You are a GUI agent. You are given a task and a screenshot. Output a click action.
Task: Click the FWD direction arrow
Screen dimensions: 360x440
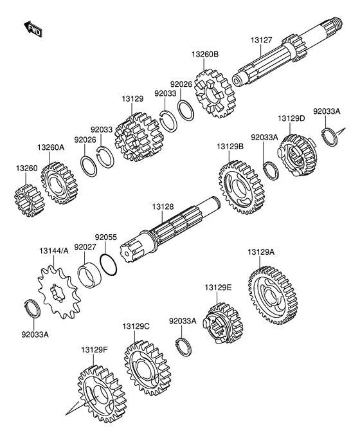[33, 28]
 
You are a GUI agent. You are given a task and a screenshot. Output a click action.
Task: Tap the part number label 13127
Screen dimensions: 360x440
[261, 40]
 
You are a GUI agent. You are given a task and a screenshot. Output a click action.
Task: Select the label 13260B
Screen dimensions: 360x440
[205, 54]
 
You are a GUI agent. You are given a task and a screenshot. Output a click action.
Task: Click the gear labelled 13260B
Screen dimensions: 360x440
[215, 94]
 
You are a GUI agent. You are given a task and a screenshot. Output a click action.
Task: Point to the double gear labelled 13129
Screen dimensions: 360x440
[139, 137]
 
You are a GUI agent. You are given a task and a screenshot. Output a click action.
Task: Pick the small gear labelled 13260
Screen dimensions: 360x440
[27, 200]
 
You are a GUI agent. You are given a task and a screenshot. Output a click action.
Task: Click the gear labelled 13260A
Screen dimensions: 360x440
[59, 183]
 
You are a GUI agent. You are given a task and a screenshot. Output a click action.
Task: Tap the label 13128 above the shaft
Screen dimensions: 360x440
[163, 206]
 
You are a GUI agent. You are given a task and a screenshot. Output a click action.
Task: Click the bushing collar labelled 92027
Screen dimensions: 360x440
[89, 276]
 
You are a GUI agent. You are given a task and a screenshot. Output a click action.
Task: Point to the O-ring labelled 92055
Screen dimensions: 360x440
[108, 265]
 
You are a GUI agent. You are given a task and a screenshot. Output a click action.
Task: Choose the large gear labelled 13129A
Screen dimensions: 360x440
[274, 296]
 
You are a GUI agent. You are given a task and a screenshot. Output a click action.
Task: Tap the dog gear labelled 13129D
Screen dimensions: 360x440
[297, 155]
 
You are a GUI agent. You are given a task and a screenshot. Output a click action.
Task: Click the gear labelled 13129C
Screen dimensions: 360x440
[147, 368]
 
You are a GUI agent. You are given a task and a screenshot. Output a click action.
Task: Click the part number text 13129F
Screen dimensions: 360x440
[94, 350]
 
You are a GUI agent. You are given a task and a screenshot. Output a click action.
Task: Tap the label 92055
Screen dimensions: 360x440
[105, 237]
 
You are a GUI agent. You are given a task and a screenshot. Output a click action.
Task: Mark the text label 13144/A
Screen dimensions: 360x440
[54, 251]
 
